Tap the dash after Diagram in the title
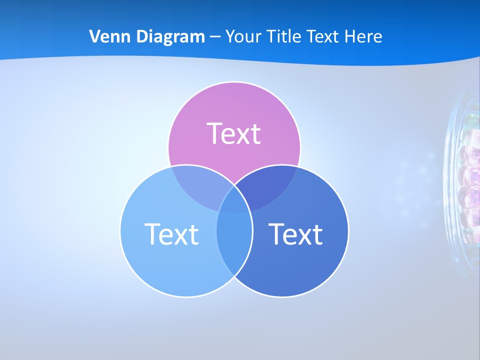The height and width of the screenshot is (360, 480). coord(215,37)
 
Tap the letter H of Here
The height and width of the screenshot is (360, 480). coord(350,36)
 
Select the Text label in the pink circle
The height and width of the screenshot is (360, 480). coord(234,133)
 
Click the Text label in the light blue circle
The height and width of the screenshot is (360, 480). coord(171,234)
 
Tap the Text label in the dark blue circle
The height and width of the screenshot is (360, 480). coord(295,234)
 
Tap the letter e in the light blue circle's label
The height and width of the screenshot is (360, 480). coord(167,236)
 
